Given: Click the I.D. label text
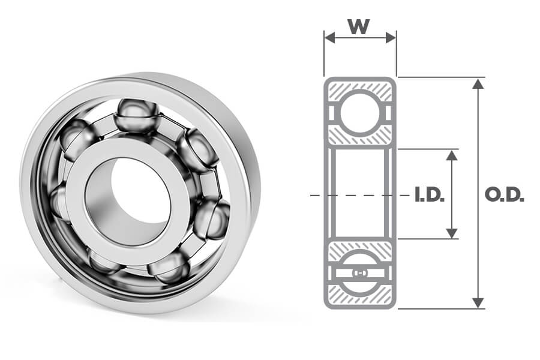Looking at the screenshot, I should click(x=429, y=196).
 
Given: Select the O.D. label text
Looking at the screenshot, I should click(x=503, y=196).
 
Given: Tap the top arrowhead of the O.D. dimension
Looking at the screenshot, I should click(x=478, y=83).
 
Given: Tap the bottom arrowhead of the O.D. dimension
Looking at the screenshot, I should click(x=478, y=302).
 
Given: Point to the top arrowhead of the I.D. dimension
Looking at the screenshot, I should click(x=452, y=155).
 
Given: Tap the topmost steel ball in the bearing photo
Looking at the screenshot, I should click(x=137, y=114).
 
